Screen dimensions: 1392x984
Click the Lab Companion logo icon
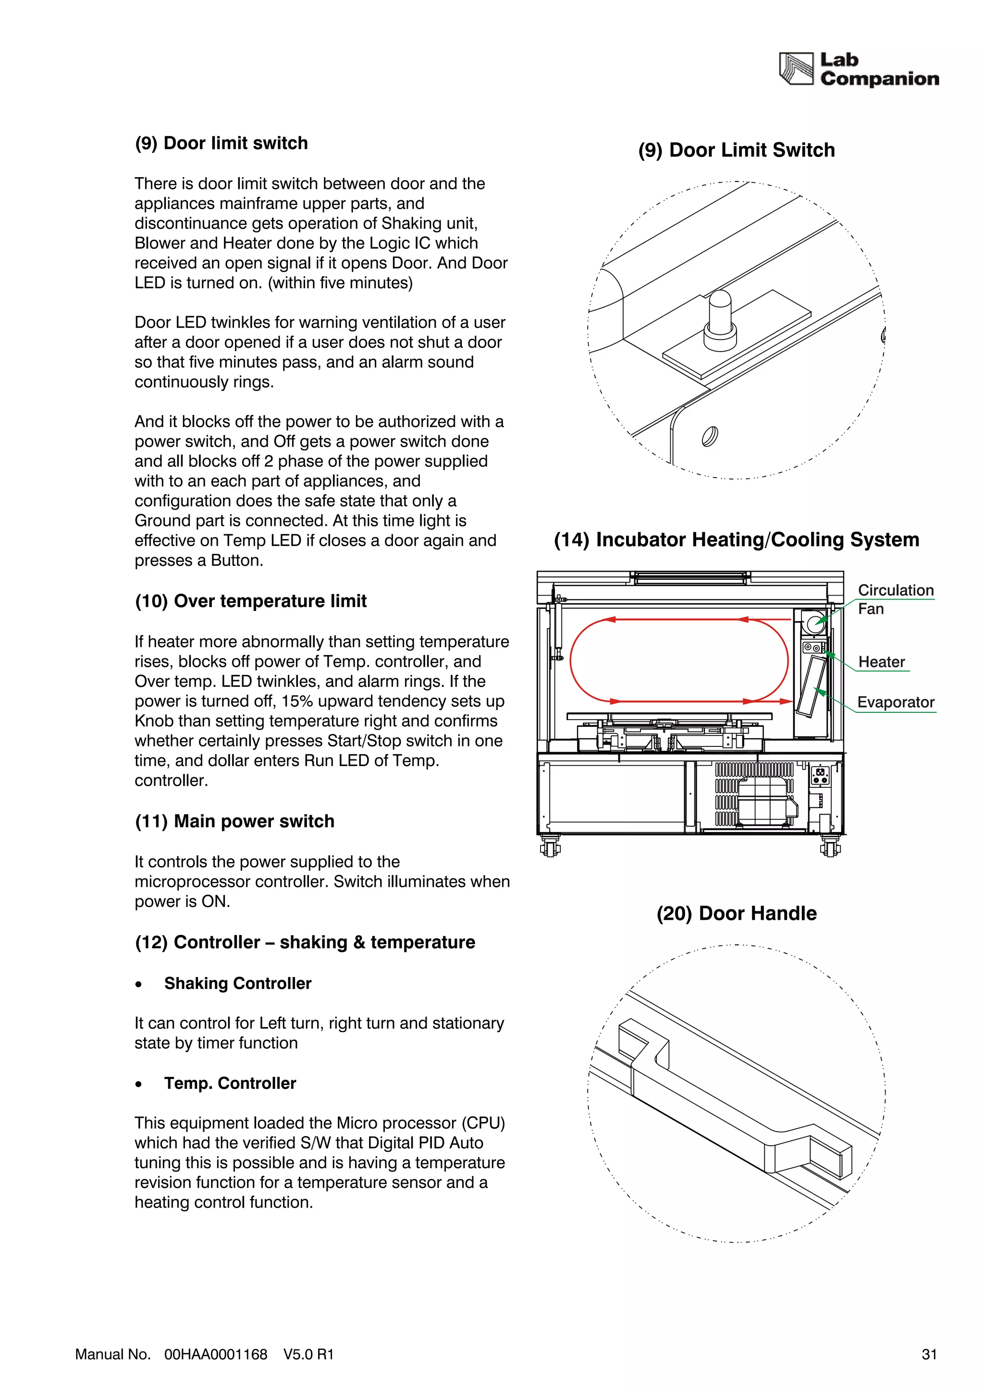pyautogui.click(x=796, y=69)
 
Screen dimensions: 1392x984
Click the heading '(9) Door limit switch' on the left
pyautogui.click(x=221, y=143)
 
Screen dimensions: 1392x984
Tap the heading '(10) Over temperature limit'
pyautogui.click(x=250, y=601)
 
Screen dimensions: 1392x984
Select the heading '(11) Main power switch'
pyautogui.click(x=234, y=821)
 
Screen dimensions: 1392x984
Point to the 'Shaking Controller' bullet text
pyautogui.click(x=238, y=983)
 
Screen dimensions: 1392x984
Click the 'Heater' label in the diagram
pyautogui.click(x=881, y=661)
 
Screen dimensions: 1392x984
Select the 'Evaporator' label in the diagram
pyautogui.click(x=896, y=702)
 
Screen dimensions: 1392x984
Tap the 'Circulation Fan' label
pyautogui.click(x=895, y=599)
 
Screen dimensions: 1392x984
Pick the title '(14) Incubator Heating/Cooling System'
pyautogui.click(x=736, y=539)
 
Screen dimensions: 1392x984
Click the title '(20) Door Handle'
pyautogui.click(x=736, y=913)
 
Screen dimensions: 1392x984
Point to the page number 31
pyautogui.click(x=929, y=1355)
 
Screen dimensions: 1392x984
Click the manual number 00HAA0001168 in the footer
pyautogui.click(x=215, y=1355)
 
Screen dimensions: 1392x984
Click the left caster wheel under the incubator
pyautogui.click(x=550, y=846)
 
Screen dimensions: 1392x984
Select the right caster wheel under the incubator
pyautogui.click(x=830, y=846)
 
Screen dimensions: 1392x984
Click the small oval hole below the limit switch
pyautogui.click(x=709, y=436)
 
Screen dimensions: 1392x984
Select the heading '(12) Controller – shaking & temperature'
pyautogui.click(x=305, y=942)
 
